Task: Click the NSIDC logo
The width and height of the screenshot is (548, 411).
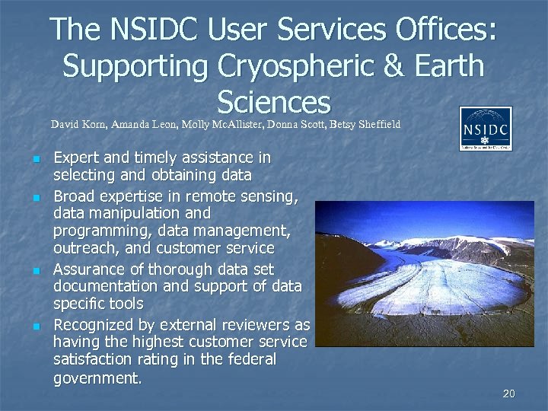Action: click(486, 129)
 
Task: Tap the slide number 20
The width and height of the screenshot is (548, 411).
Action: click(509, 393)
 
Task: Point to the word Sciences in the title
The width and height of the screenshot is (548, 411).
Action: click(273, 101)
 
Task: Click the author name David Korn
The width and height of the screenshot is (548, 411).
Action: click(78, 124)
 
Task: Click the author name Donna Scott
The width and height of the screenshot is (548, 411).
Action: click(292, 124)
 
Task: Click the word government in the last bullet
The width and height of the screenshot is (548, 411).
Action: click(97, 378)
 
